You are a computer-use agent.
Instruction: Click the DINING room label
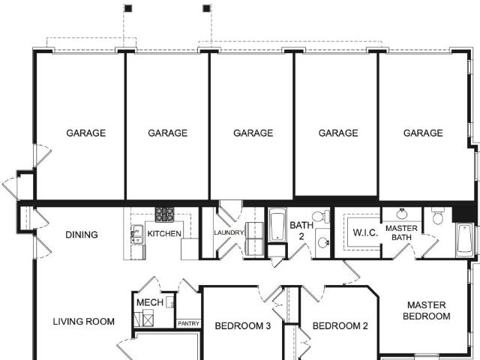tap(82, 235)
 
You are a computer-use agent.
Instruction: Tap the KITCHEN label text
tap(164, 233)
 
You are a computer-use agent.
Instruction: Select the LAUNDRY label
tap(229, 232)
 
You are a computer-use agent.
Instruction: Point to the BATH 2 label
tap(301, 230)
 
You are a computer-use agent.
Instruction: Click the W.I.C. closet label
tap(365, 232)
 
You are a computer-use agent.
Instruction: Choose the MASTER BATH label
tap(401, 232)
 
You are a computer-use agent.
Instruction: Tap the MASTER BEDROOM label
tap(427, 310)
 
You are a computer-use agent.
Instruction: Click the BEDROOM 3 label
tap(243, 326)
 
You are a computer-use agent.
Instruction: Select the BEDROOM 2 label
tap(340, 326)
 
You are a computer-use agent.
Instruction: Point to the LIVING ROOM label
tap(84, 322)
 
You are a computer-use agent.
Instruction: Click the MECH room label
tap(150, 302)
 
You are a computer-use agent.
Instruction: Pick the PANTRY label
tap(188, 323)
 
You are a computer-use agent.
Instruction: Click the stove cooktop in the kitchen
tap(164, 214)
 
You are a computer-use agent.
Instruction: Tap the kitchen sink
tap(137, 234)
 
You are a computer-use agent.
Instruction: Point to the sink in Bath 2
tap(323, 243)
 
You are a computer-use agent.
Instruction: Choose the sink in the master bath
tap(402, 213)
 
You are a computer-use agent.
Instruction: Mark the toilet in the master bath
tap(438, 216)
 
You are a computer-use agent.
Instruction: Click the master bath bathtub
tap(464, 240)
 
